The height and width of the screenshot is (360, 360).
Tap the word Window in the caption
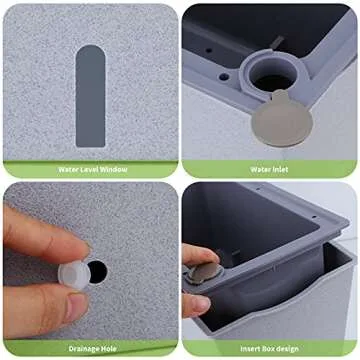(x=115, y=170)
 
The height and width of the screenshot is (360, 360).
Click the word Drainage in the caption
(x=79, y=349)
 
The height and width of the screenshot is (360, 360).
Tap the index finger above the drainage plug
(x=40, y=235)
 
